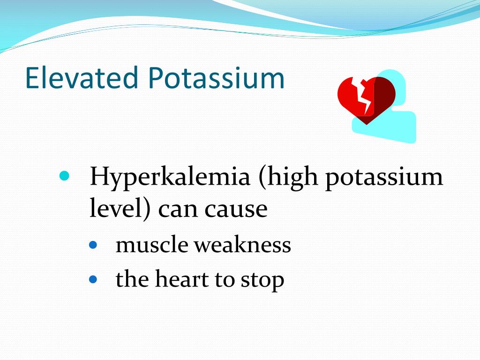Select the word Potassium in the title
coord(217,78)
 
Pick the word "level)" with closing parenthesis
coord(120,209)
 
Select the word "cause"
coord(236,210)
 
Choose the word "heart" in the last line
coord(182,279)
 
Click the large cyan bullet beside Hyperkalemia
coord(65,177)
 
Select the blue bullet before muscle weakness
coord(93,245)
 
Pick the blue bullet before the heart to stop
coord(93,280)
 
